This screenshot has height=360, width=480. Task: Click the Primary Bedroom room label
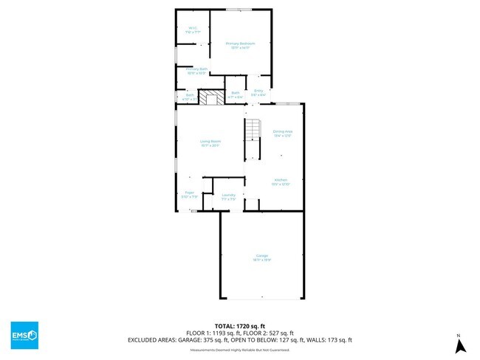[240, 45]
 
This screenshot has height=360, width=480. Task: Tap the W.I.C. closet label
[193, 31]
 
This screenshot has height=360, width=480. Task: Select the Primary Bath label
[197, 71]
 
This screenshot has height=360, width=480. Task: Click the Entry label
[258, 93]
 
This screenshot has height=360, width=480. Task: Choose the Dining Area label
[283, 134]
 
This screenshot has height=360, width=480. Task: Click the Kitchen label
[281, 181]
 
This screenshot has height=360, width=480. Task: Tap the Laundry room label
[228, 197]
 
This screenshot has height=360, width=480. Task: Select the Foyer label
[189, 195]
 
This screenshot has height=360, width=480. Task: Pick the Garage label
[262, 257]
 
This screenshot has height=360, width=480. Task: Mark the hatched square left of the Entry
[214, 98]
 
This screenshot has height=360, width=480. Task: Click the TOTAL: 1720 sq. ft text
[240, 325]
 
